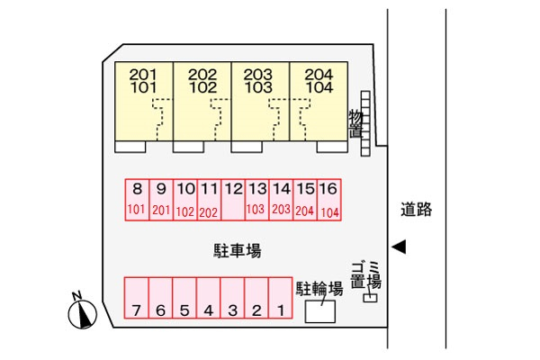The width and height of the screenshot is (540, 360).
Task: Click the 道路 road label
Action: click(417, 210)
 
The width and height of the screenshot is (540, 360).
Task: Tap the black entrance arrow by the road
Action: click(400, 247)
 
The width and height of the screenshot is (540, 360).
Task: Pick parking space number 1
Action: click(281, 299)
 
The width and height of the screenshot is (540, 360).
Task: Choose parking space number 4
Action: click(208, 299)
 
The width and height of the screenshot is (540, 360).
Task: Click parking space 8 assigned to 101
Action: click(137, 199)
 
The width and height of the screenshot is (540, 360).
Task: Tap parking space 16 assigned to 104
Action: click(329, 199)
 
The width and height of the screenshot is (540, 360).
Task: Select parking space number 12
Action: click(233, 199)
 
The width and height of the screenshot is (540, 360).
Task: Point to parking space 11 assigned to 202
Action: click(209, 199)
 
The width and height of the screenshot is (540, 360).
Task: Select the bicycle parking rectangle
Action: click(320, 311)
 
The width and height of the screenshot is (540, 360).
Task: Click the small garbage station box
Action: click(370, 297)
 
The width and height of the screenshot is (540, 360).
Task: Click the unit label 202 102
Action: click(203, 81)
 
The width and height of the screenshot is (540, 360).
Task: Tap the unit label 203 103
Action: click(260, 81)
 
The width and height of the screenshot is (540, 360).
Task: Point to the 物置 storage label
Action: click(355, 123)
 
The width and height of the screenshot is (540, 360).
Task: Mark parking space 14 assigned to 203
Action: click(282, 199)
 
